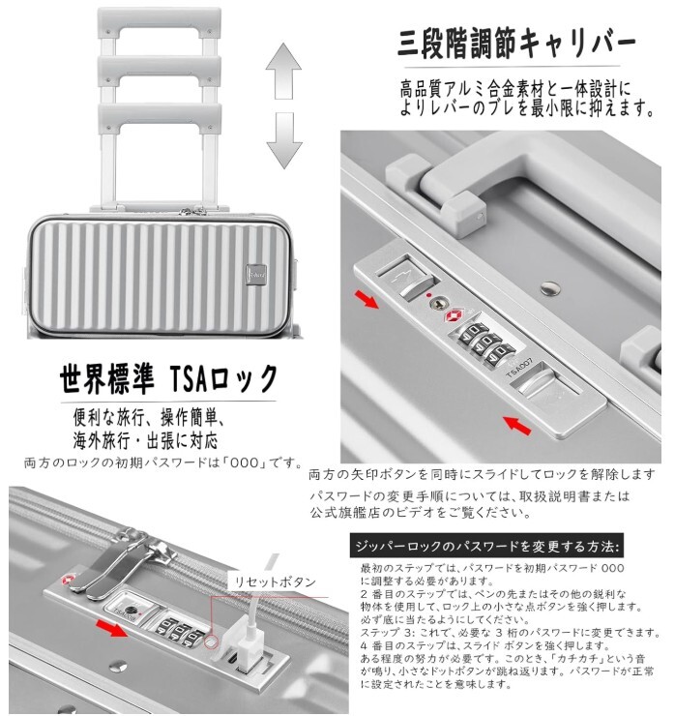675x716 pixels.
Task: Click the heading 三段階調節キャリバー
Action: click(516, 45)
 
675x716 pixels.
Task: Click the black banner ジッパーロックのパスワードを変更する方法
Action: click(487, 543)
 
